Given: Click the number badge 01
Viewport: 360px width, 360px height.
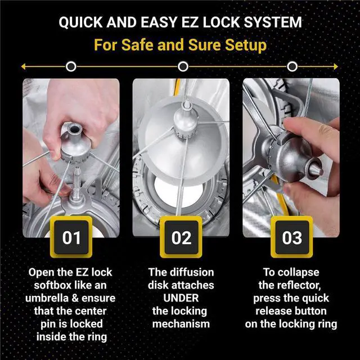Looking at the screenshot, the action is (71, 237).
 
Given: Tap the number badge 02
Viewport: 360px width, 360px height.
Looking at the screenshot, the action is (181, 237).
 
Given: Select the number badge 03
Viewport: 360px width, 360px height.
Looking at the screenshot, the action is (291, 237).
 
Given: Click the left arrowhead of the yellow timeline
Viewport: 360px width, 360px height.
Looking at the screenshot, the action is (23, 66).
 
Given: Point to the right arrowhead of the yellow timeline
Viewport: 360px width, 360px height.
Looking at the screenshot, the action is (336, 66).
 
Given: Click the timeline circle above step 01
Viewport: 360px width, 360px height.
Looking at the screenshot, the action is (71, 66).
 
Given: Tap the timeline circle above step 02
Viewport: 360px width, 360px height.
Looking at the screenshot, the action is (183, 66).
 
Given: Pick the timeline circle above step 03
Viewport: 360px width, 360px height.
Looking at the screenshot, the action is (292, 66).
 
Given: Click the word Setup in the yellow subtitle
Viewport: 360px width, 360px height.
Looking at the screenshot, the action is (246, 45).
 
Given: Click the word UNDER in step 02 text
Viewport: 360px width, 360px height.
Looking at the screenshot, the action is (181, 298).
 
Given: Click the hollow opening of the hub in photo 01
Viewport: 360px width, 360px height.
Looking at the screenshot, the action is (74, 129).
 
